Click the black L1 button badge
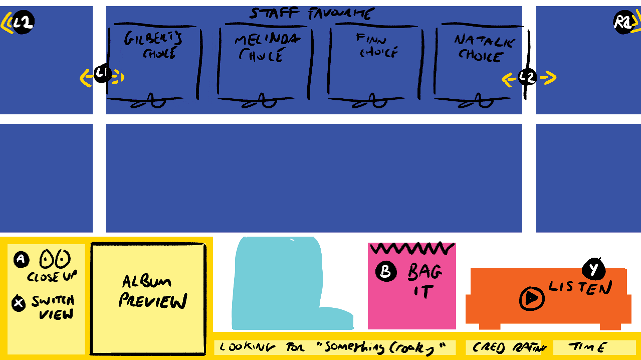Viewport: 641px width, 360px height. tap(103, 75)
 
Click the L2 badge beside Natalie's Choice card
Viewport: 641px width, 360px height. tap(527, 77)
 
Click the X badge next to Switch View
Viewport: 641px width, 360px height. tap(19, 303)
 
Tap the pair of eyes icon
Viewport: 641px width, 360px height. tap(55, 260)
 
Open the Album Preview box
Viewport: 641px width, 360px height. tap(148, 299)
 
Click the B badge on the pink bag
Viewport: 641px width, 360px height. tap(386, 272)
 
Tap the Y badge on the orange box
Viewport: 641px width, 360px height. tap(594, 270)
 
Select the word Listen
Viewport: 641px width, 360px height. tap(580, 288)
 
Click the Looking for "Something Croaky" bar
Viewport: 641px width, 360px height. tap(334, 347)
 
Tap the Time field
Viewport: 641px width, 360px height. tap(594, 347)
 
